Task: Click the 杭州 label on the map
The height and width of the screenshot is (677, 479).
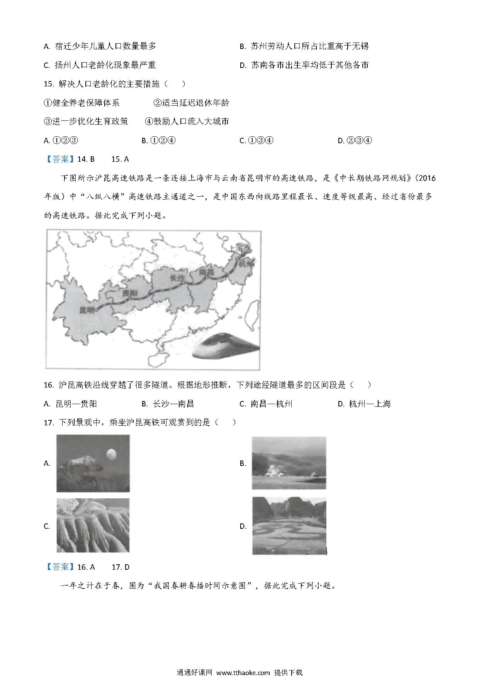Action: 247,264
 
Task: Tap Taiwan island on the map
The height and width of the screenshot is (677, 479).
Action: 254,313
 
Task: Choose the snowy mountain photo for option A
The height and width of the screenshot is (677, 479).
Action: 93,463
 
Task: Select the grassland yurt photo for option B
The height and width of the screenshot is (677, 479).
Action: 289,463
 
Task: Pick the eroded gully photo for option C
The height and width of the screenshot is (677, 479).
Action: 93,525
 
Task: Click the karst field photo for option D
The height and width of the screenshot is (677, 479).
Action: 289,526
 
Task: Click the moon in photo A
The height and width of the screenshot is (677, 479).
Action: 111,454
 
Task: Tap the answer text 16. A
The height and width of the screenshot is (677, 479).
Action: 86,567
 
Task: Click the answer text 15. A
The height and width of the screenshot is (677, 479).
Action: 120,159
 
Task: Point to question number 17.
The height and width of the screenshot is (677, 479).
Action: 48,423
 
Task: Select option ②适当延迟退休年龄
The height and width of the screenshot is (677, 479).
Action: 191,103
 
